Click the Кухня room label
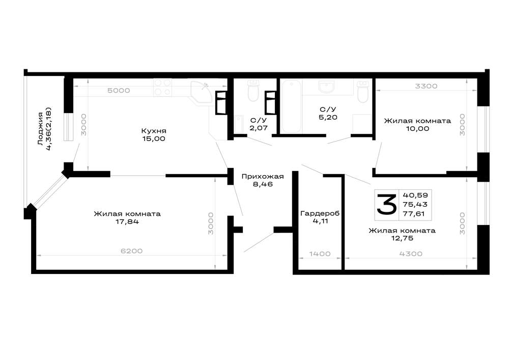(x=154, y=131)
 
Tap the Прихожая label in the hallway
(x=263, y=176)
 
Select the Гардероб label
(x=320, y=213)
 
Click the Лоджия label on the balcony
(x=40, y=128)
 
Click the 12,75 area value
(x=402, y=238)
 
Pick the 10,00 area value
(x=417, y=128)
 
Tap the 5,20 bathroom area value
(x=328, y=117)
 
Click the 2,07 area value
(x=259, y=128)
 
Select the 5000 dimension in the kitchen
(x=119, y=91)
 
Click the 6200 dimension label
(x=131, y=251)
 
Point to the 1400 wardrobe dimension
(x=320, y=254)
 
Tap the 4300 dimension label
(x=411, y=254)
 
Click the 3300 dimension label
(x=426, y=86)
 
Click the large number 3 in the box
(x=386, y=205)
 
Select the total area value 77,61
(x=414, y=213)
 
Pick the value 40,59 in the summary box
(x=415, y=195)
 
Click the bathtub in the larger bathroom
(x=291, y=106)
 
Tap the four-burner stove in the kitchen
(x=163, y=87)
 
